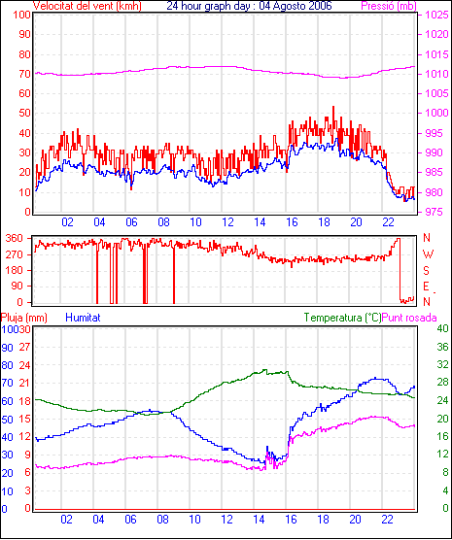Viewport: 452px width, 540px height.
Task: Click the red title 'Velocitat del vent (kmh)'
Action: click(87, 6)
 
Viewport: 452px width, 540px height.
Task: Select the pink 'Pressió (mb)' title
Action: click(389, 6)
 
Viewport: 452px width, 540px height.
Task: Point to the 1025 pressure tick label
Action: click(436, 15)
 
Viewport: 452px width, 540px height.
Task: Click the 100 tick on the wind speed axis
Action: click(22, 15)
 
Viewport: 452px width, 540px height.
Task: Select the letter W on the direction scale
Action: click(428, 254)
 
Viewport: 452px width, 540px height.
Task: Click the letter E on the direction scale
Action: click(427, 287)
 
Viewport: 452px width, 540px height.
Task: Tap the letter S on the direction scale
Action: click(427, 271)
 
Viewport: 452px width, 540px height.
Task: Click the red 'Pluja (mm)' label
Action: click(23, 318)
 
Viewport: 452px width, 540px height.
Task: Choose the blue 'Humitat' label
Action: click(83, 318)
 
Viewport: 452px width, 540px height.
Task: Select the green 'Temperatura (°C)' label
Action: click(343, 318)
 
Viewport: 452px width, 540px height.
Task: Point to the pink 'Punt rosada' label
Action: click(409, 318)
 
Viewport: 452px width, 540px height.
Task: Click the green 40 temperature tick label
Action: click(442, 328)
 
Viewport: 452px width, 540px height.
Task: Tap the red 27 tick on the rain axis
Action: click(25, 347)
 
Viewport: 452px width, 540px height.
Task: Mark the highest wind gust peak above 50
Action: click(333, 107)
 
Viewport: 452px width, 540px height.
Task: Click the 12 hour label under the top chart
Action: click(227, 222)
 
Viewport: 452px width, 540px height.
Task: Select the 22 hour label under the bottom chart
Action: click(387, 519)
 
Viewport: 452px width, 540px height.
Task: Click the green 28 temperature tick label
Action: click(442, 383)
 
